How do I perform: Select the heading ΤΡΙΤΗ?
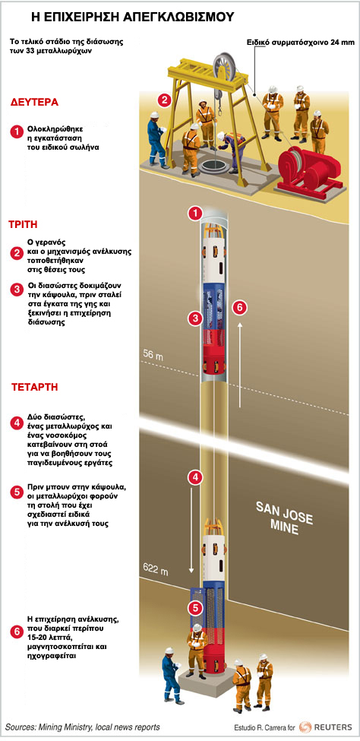(24, 224)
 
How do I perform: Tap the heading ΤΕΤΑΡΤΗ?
(34, 388)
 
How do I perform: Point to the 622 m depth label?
(155, 572)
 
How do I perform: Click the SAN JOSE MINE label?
(284, 518)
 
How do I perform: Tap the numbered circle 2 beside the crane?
(164, 100)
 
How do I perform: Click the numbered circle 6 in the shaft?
(239, 308)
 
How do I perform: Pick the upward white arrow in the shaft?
(241, 364)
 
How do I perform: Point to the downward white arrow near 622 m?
(192, 533)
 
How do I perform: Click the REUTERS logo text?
(333, 727)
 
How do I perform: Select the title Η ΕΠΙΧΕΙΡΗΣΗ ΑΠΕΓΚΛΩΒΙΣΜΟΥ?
(133, 17)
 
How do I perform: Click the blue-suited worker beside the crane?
(156, 140)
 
